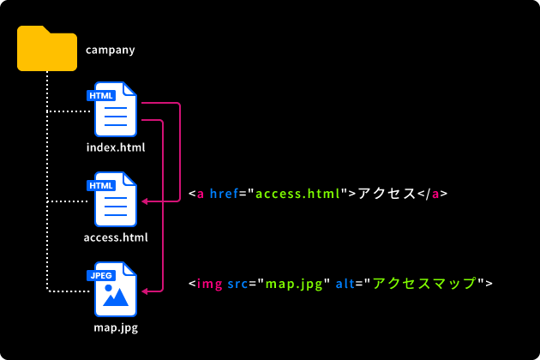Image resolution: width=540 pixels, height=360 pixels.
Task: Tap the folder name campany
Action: [x=111, y=49]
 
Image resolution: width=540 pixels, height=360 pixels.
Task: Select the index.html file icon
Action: [x=117, y=110]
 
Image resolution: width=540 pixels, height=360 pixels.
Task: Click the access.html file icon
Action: [x=117, y=200]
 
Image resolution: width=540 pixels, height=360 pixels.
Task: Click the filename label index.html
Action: [x=116, y=147]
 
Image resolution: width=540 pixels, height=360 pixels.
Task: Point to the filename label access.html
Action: [x=116, y=237]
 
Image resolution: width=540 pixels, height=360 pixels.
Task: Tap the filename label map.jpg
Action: [x=116, y=327]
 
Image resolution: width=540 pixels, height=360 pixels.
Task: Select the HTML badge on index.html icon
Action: [x=101, y=95]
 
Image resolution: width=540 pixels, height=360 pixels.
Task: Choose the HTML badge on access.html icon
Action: [x=101, y=185]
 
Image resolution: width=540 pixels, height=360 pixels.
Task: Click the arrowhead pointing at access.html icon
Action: [x=145, y=201]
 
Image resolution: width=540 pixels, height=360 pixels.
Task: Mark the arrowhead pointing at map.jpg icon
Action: [x=145, y=291]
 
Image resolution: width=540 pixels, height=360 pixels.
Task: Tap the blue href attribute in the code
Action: [x=224, y=194]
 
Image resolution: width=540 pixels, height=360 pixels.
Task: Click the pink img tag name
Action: [x=209, y=283]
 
